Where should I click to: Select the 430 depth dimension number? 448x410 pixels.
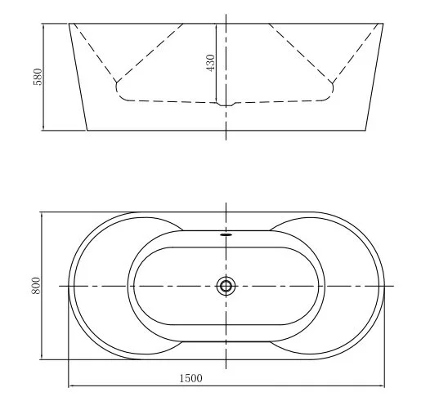(211, 62)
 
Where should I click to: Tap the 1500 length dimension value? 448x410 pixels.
(190, 377)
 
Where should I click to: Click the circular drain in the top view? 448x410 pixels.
(226, 286)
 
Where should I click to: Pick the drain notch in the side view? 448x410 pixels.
(226, 105)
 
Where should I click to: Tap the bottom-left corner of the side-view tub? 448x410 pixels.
(86, 130)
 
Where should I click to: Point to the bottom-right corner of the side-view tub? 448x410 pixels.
(366, 130)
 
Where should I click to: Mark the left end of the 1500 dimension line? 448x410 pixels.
(69, 385)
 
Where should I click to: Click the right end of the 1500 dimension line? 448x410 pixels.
(383, 385)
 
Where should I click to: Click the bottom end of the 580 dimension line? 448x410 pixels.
(43, 130)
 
